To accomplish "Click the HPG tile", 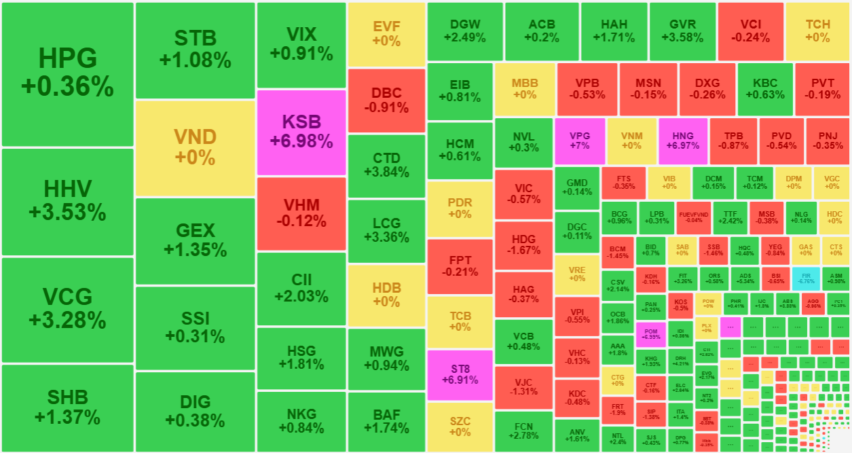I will (67, 73).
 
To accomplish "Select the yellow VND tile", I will (195, 147).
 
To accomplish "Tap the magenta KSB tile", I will (301, 132).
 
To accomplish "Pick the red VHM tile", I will (301, 213).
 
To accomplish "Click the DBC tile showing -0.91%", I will (386, 100).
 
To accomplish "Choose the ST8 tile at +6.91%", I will (460, 374).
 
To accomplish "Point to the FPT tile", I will (460, 266).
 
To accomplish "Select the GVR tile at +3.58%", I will (682, 31).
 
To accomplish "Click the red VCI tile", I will (750, 31).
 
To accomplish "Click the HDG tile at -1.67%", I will (523, 245).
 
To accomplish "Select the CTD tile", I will (386, 165).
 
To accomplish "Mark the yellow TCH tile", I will (817, 31).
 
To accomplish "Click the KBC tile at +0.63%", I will (765, 88).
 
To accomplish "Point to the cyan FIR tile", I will (806, 277).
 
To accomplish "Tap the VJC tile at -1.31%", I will (523, 386).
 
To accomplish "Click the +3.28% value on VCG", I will (67, 319).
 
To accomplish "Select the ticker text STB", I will (195, 37).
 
